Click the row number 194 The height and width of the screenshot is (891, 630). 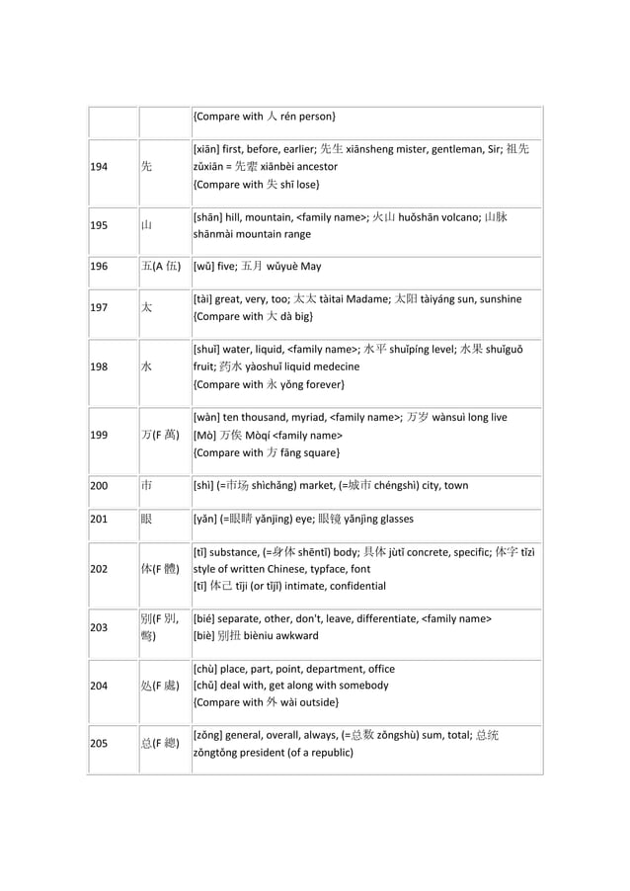point(100,167)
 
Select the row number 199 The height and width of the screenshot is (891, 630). point(100,435)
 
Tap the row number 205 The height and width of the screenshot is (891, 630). point(100,744)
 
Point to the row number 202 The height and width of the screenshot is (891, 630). point(100,568)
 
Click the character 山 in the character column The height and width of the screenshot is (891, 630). point(146,225)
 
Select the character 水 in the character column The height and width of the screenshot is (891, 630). point(146,366)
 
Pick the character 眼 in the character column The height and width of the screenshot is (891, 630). point(146,519)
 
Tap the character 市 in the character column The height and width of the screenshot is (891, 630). point(146,486)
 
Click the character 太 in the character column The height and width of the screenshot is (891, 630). point(146,307)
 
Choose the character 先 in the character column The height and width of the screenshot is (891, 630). point(146,167)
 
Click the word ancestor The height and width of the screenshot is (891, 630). point(313,167)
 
